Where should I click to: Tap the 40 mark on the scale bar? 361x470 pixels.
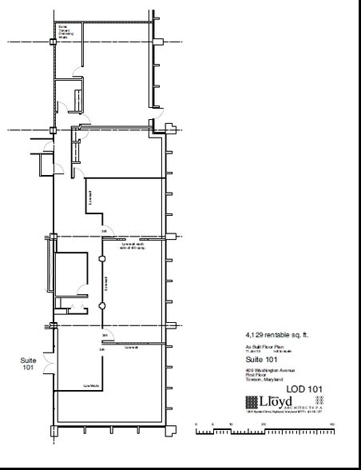tap(330, 425)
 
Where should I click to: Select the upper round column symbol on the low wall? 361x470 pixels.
tap(102, 259)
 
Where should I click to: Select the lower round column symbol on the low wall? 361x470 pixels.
tap(102, 306)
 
